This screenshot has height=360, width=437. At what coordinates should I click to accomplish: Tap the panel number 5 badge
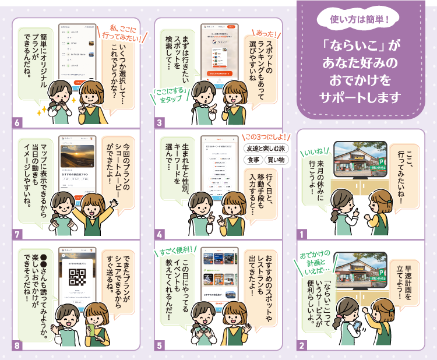(x=160, y=345)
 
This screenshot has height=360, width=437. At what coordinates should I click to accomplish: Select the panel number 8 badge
(x=17, y=345)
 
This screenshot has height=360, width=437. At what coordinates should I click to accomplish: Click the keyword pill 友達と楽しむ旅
(x=266, y=148)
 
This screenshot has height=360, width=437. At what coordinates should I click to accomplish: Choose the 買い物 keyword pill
(x=277, y=160)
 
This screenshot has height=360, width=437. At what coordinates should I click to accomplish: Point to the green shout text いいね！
(x=315, y=154)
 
